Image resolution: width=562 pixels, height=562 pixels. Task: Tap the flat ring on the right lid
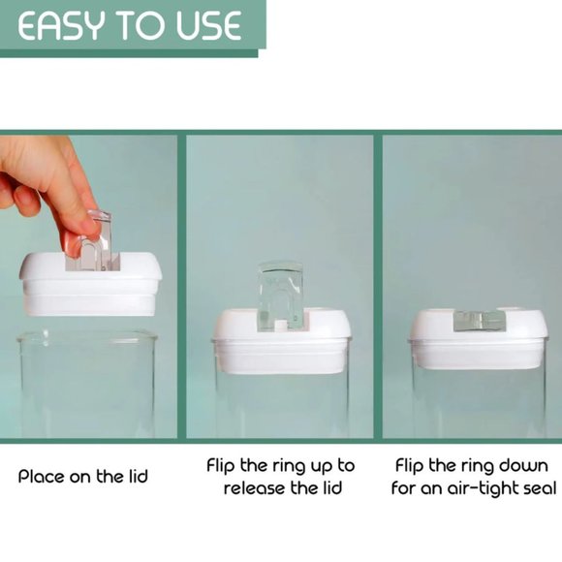pyautogui.click(x=480, y=321)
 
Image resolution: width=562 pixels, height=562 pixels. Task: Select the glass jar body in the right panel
pyautogui.click(x=478, y=407)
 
